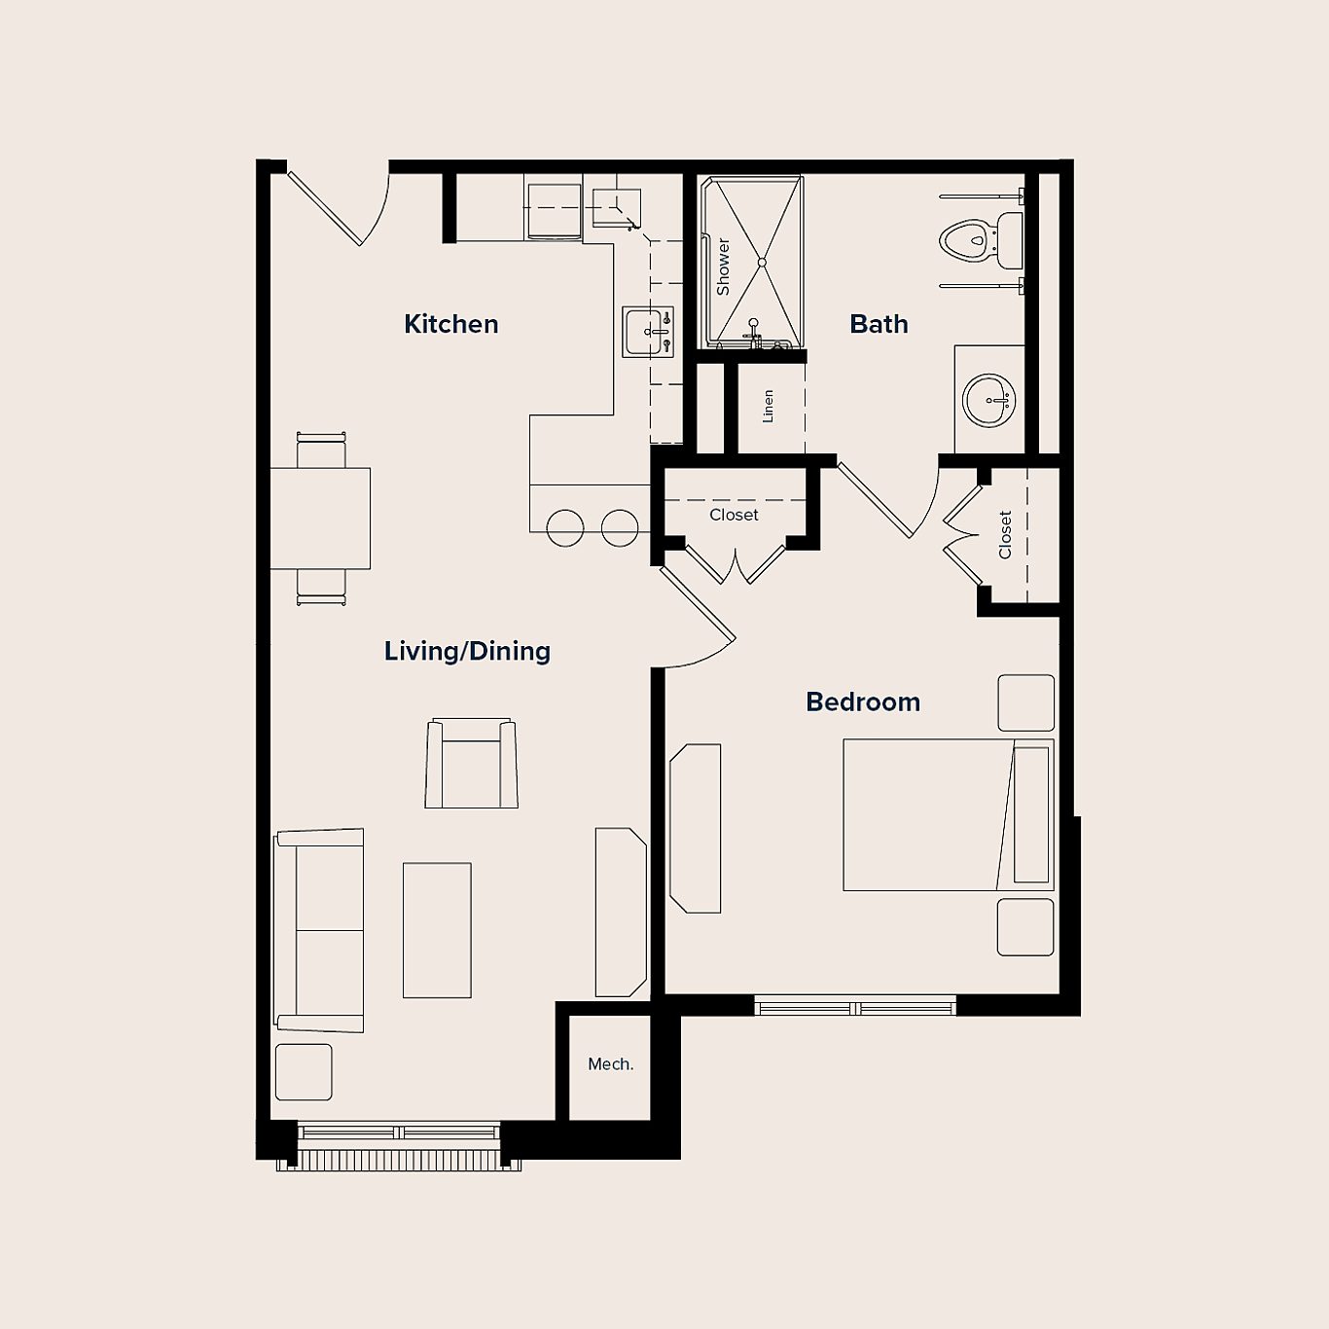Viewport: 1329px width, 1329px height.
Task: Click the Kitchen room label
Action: click(450, 324)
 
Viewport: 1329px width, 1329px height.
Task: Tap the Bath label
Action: click(879, 324)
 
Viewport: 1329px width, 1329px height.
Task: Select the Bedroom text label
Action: click(863, 701)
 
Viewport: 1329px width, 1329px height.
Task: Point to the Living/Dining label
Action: click(467, 651)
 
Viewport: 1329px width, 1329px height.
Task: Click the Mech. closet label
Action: click(610, 1064)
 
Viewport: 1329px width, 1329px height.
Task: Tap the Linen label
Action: click(768, 406)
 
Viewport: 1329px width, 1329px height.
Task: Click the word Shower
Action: click(723, 267)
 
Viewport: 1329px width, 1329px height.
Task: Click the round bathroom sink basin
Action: click(988, 400)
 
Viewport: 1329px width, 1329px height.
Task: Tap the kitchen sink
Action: click(647, 332)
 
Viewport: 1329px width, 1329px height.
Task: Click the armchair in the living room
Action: click(471, 765)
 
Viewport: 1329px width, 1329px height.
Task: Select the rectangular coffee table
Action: click(437, 930)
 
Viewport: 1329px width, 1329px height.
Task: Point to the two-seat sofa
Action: click(320, 930)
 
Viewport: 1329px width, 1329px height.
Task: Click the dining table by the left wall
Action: click(320, 518)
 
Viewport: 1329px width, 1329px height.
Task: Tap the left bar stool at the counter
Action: click(565, 528)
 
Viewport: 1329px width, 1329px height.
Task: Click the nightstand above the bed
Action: click(1025, 702)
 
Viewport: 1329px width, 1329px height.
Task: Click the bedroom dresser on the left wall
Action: click(696, 828)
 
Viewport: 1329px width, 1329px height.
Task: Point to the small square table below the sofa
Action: click(304, 1072)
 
